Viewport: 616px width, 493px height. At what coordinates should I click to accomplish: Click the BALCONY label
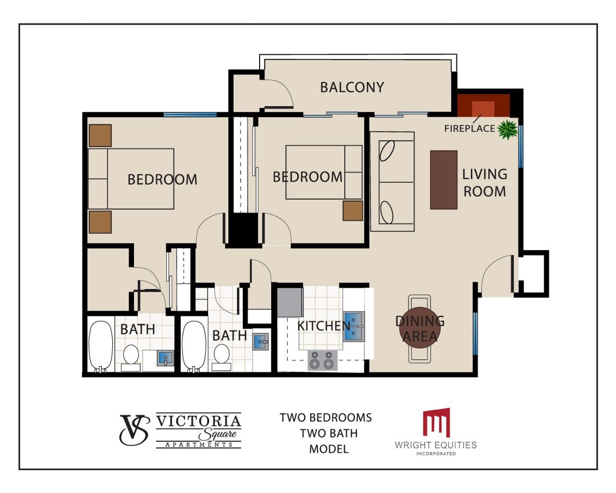(x=352, y=87)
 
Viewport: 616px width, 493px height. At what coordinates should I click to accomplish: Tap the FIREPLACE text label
(x=470, y=129)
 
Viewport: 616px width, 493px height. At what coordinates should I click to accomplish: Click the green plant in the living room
(x=507, y=130)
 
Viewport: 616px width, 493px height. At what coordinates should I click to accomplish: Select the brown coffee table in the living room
(x=444, y=180)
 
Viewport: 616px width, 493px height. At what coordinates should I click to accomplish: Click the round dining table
(x=420, y=327)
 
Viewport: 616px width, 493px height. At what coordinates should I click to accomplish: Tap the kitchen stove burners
(x=323, y=360)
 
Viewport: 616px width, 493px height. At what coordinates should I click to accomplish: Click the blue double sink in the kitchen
(x=354, y=327)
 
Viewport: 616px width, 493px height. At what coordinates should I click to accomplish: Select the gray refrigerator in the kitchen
(x=290, y=302)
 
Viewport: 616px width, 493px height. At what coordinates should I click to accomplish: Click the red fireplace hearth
(x=484, y=105)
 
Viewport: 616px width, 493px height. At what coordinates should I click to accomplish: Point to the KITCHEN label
(x=324, y=326)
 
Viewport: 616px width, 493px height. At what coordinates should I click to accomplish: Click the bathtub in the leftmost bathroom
(x=100, y=346)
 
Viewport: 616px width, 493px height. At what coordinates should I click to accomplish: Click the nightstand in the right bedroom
(x=353, y=211)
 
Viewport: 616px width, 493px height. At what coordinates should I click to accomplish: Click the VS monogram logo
(x=135, y=430)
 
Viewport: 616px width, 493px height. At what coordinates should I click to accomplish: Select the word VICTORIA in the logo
(x=198, y=421)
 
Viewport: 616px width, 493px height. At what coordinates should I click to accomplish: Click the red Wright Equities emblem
(x=437, y=423)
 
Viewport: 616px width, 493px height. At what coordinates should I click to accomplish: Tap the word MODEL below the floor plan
(x=329, y=449)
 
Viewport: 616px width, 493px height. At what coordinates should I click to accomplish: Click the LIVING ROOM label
(x=485, y=183)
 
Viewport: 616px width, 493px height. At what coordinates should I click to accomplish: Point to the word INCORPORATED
(x=436, y=454)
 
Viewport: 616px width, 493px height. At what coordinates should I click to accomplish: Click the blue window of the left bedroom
(x=190, y=115)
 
